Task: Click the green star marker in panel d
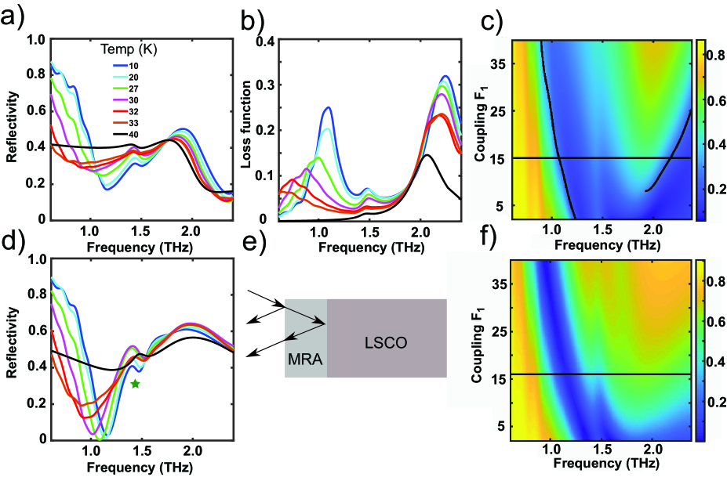[x=136, y=384]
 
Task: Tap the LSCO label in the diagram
[x=387, y=342]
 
